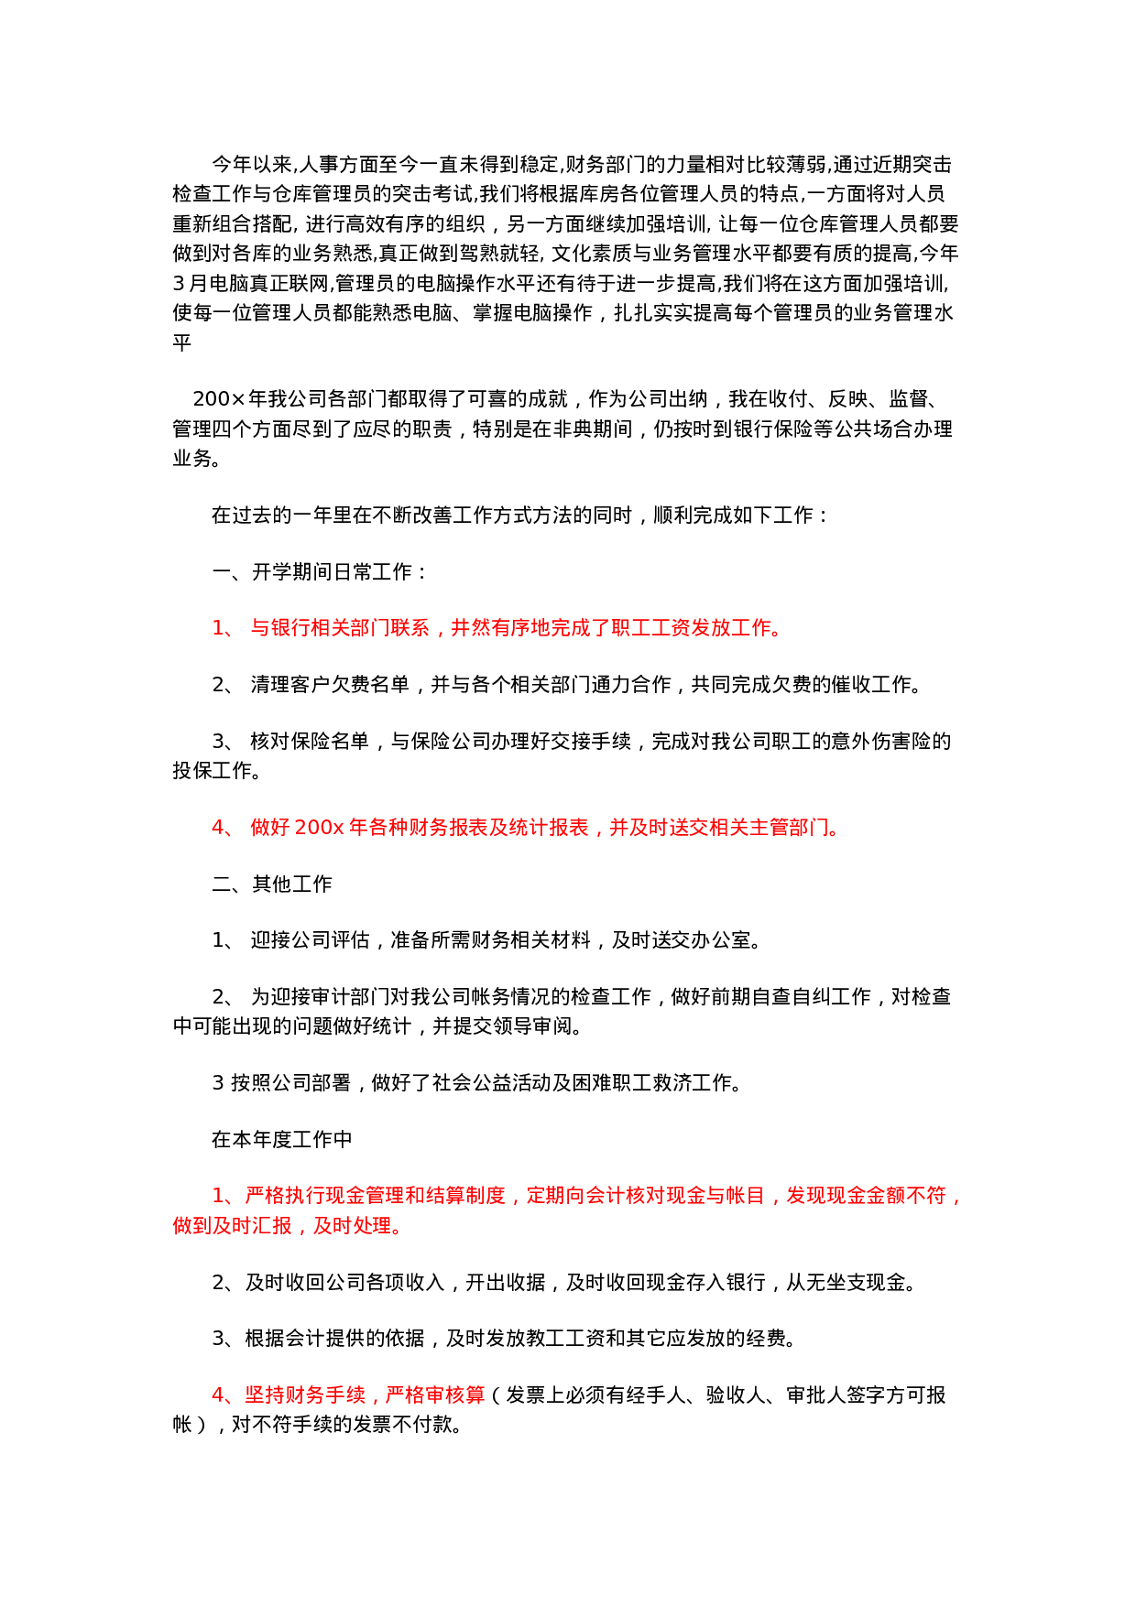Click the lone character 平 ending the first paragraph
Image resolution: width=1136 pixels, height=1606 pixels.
tap(181, 342)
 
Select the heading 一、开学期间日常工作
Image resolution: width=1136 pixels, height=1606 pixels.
tap(319, 572)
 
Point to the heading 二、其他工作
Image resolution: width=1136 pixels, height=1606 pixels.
tap(272, 884)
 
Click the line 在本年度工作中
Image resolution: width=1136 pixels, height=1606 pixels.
tap(282, 1140)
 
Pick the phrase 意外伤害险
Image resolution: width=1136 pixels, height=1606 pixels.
tap(881, 742)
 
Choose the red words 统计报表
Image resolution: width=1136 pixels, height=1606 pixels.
tap(549, 828)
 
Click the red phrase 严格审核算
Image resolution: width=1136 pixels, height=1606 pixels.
tap(435, 1395)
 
